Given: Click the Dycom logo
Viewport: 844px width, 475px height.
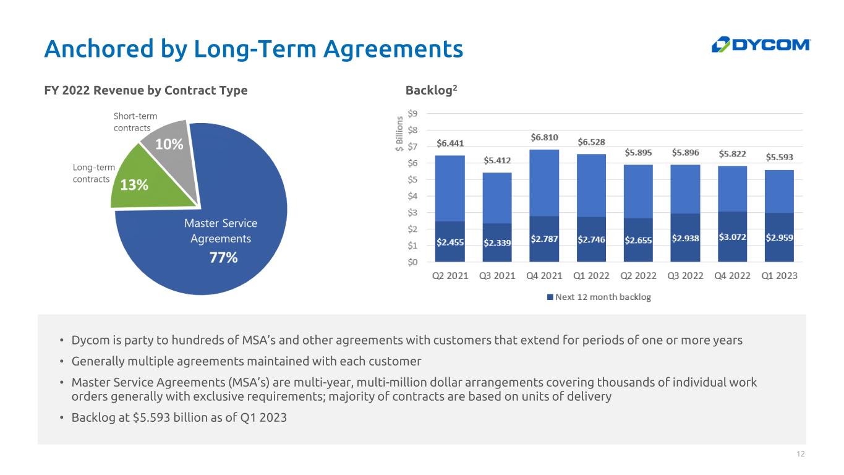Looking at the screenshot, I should (x=760, y=45).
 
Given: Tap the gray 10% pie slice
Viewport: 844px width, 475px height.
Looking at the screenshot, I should (x=167, y=141).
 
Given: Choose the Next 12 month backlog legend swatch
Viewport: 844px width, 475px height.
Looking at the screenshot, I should (x=550, y=297).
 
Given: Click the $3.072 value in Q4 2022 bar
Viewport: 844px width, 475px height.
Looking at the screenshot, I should (x=732, y=237).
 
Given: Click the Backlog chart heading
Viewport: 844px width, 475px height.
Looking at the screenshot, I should (x=431, y=90).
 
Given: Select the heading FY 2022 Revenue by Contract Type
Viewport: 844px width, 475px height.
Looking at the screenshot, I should (x=146, y=90).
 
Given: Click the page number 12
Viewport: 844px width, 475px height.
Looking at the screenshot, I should (x=801, y=455).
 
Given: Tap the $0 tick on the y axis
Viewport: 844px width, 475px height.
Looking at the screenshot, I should (x=412, y=262).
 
